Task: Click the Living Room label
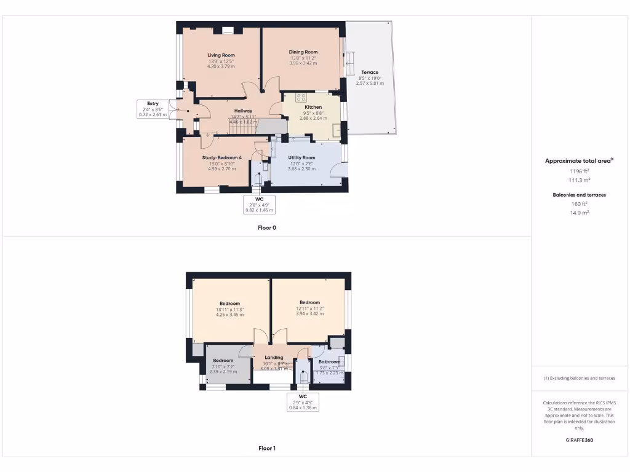pyautogui.click(x=221, y=55)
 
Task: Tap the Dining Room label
pyautogui.click(x=303, y=52)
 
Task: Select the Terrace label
pyautogui.click(x=370, y=73)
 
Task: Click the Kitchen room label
pyautogui.click(x=313, y=107)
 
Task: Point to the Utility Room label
pyautogui.click(x=301, y=158)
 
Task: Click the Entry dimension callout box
pyautogui.click(x=153, y=109)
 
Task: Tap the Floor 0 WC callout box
pyautogui.click(x=259, y=204)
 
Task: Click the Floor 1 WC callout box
pyautogui.click(x=303, y=401)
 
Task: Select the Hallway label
pyautogui.click(x=242, y=111)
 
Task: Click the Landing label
pyautogui.click(x=274, y=357)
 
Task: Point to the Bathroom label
pyautogui.click(x=329, y=362)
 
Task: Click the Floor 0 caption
pyautogui.click(x=267, y=227)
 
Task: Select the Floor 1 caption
pyautogui.click(x=267, y=449)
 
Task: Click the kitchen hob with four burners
pyautogui.click(x=301, y=97)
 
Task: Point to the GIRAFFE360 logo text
pyautogui.click(x=579, y=440)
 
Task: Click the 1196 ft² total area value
pyautogui.click(x=579, y=171)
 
